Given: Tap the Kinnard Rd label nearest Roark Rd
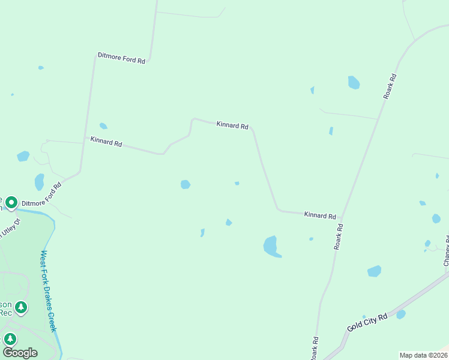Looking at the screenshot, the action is click(319, 215).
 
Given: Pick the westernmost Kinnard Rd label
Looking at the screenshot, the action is click(106, 142).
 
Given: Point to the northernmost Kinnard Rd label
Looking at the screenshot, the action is click(232, 125).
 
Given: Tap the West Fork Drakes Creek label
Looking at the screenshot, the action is click(48, 291).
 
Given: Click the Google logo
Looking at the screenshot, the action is click(20, 352).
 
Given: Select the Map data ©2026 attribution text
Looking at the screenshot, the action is click(423, 355).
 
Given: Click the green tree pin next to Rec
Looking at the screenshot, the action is click(21, 308).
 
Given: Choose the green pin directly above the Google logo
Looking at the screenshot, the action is click(10, 338).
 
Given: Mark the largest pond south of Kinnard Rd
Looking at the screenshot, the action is click(271, 246).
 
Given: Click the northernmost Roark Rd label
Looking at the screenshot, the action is click(389, 86).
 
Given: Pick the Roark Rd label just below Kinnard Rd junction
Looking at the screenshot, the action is click(339, 236).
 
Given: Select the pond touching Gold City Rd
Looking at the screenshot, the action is click(400, 314).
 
